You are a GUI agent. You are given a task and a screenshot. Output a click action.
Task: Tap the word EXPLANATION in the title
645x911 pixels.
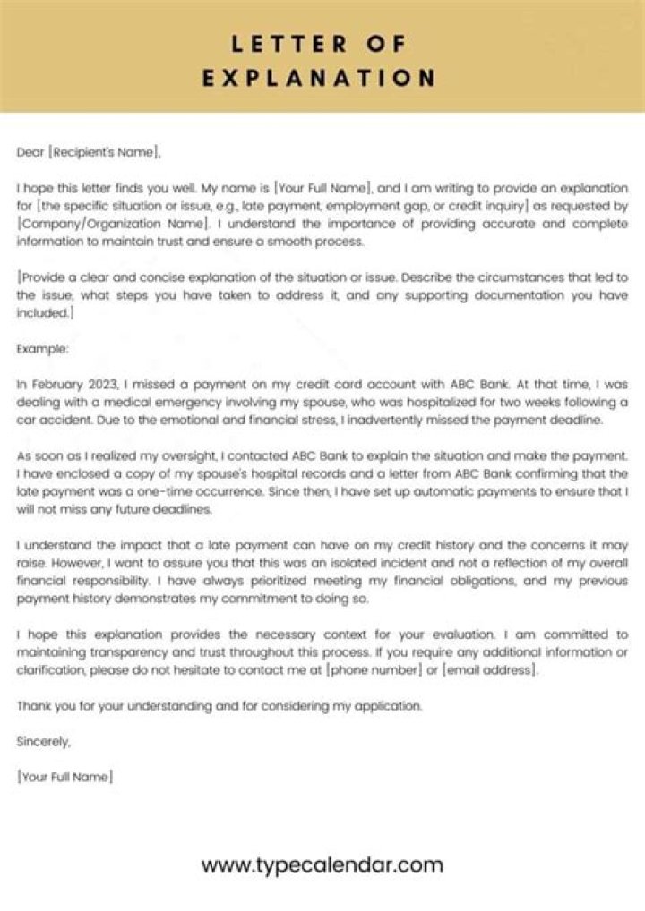(x=318, y=78)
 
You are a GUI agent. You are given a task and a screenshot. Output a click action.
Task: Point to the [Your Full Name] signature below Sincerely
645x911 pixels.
(x=64, y=777)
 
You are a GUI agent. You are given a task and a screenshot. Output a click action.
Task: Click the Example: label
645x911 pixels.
(x=42, y=349)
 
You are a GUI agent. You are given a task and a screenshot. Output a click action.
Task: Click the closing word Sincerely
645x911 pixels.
(x=43, y=741)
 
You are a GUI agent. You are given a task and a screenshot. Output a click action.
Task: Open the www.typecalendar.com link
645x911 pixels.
(x=322, y=864)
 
